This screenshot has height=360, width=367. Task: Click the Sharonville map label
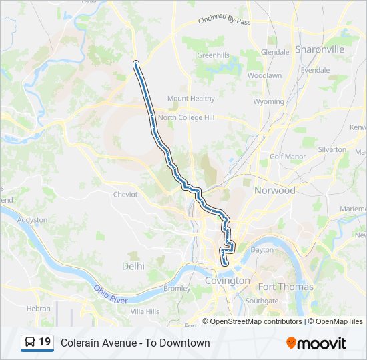320,49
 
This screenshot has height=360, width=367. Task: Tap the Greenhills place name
213,55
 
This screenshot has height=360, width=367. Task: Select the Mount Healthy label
191,99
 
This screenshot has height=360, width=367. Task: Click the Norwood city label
274,191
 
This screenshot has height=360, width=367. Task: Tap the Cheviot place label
125,195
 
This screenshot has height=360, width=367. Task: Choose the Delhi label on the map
133,266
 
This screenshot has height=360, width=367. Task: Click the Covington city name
227,281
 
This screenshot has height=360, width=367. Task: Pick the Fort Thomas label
286,287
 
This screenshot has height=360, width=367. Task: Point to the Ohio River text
111,295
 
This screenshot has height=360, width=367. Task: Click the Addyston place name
32,219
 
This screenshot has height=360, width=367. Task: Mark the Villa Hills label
145,311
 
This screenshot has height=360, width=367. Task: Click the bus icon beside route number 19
30,343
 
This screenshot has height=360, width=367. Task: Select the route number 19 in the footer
45,342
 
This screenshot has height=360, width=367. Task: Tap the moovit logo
316,343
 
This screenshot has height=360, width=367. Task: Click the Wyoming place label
269,102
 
